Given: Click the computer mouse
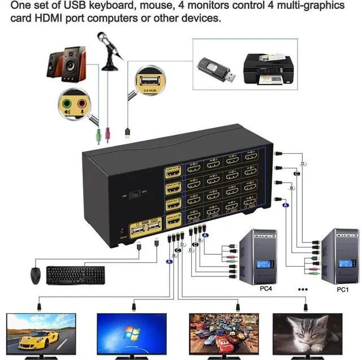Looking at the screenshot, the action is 36,275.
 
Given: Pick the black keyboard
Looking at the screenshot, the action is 75,275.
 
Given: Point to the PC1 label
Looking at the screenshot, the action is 342,289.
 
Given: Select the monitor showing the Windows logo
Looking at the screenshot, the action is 132,333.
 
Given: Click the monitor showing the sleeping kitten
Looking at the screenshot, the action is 307,333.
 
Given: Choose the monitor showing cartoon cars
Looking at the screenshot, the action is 220,333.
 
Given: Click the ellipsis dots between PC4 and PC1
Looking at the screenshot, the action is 303,288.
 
